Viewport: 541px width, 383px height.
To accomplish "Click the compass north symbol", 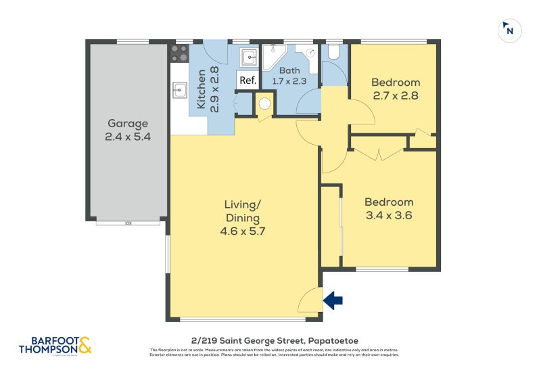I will [x=510, y=30].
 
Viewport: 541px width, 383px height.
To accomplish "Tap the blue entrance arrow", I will [x=333, y=300].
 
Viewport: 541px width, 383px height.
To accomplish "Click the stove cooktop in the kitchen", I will [x=179, y=53].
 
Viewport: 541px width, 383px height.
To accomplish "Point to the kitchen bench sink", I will [x=179, y=89].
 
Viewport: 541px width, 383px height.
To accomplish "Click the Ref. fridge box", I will [x=248, y=81].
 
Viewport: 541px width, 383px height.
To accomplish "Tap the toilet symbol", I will [x=333, y=52].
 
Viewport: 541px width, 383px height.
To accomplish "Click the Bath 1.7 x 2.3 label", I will [x=289, y=75].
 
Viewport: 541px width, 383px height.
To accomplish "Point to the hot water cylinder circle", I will [x=264, y=104].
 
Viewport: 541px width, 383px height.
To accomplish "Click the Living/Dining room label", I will [x=242, y=211].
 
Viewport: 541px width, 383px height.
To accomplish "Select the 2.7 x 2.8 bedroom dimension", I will [x=395, y=95].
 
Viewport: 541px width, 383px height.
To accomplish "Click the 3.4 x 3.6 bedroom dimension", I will [x=388, y=216].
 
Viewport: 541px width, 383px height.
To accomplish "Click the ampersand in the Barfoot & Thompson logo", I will [x=85, y=347].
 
